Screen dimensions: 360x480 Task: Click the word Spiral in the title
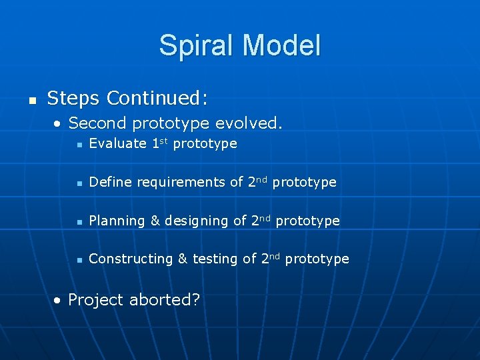pos(197,46)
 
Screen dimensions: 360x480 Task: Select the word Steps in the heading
pos(73,99)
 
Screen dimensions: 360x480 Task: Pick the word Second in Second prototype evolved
pos(97,123)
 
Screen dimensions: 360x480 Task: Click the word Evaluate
pos(117,143)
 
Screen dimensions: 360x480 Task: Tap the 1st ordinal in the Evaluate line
pos(159,143)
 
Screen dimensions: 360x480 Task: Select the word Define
pos(109,182)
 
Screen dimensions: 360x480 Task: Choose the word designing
pos(197,221)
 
